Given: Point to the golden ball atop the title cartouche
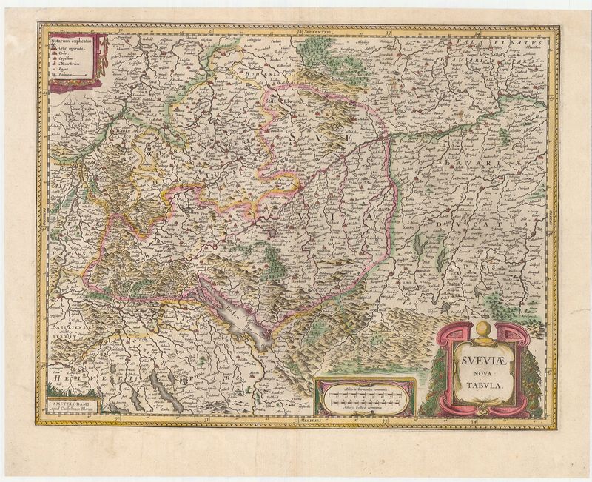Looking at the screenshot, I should (x=482, y=328).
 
